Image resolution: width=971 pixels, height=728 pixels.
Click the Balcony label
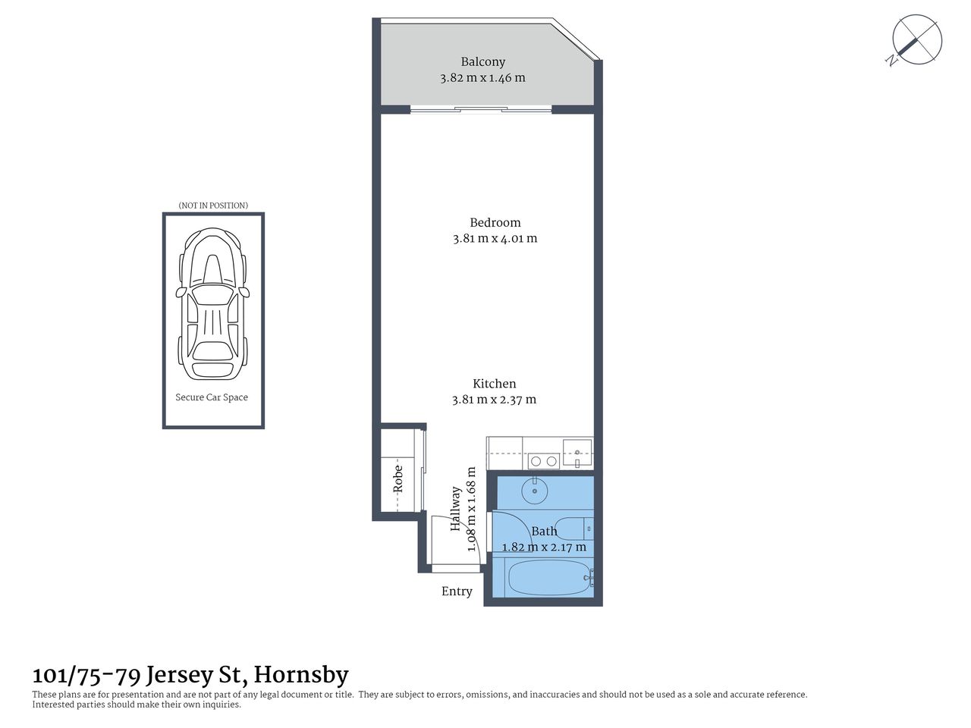pos(482,62)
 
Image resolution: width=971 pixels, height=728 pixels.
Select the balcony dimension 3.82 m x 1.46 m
pos(482,77)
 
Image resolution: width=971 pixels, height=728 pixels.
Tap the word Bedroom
pos(495,222)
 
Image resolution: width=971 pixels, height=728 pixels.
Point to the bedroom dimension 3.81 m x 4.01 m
pos(495,238)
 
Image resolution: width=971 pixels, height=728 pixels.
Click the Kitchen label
pos(494,384)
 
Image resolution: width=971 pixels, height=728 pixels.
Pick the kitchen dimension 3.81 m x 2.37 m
pos(494,400)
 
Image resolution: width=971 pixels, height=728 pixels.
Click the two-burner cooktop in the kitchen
pos(542,460)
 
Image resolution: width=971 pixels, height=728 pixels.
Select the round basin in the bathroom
pos(536,491)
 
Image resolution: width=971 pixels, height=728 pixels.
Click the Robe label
pos(398,480)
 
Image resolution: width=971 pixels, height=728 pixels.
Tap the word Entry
pos(457,591)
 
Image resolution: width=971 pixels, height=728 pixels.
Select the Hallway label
pos(456,508)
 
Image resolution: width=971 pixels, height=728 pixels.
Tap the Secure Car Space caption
pos(212,397)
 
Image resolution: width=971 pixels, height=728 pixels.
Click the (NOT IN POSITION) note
pos(212,206)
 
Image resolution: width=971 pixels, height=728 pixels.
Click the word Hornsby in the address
pos(301,674)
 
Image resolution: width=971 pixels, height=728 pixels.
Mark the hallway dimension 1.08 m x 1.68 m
pos(471,510)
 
